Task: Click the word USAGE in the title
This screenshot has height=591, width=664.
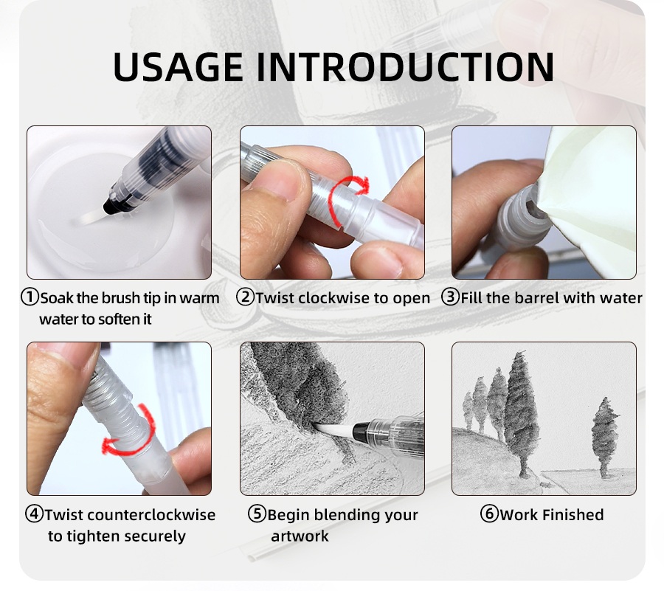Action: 179,67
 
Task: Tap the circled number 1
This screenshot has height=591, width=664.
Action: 30,297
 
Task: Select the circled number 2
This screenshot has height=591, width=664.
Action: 245,297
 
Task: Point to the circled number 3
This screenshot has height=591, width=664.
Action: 450,297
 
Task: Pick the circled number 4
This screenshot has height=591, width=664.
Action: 34,514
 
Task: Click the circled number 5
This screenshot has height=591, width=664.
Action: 257,514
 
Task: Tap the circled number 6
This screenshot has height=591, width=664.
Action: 489,514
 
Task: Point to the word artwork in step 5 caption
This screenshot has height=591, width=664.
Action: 300,536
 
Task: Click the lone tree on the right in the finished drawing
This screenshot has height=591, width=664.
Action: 605,437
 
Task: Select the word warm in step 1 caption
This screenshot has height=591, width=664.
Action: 199,298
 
